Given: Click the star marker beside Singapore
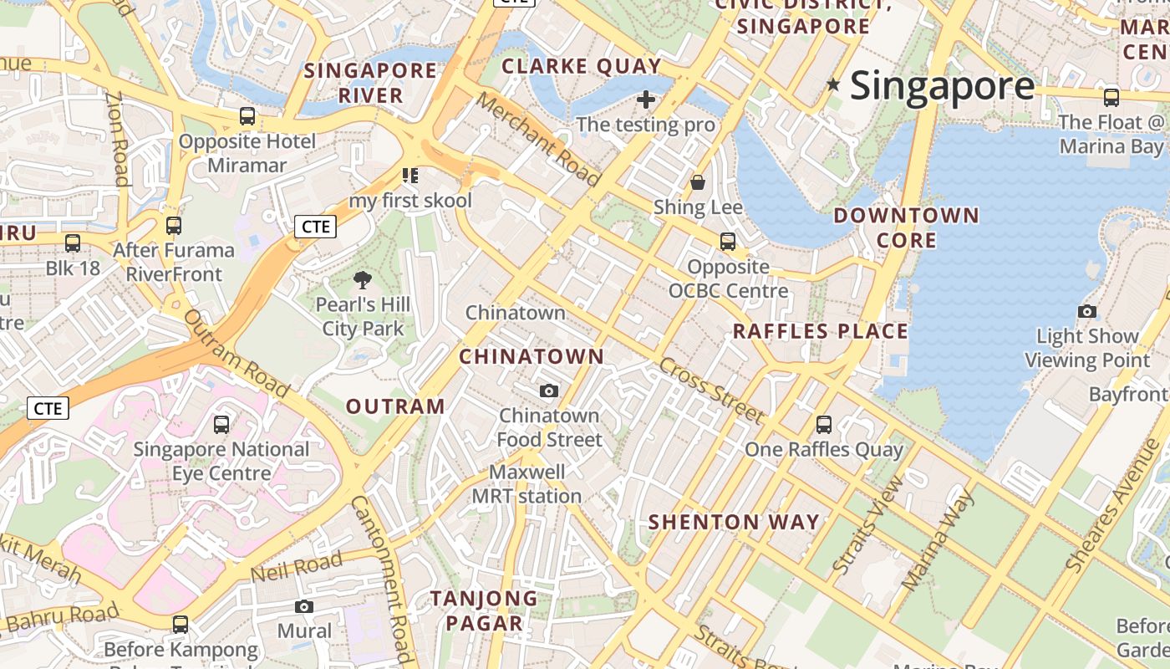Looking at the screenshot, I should click(833, 84).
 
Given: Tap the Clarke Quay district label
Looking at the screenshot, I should click(582, 66).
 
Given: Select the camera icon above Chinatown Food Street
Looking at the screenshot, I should click(549, 391).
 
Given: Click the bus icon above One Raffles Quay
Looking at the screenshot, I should click(824, 424).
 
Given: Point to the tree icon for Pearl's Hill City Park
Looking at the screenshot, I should click(363, 280).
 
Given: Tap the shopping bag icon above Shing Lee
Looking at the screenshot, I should click(698, 181).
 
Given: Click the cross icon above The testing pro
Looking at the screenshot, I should click(645, 100).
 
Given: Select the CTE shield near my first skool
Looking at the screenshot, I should click(315, 227).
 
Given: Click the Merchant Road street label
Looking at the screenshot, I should click(538, 139).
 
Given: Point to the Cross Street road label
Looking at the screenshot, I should click(710, 391).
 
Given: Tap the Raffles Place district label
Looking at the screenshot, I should click(820, 331).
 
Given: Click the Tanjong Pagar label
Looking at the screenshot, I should click(484, 610).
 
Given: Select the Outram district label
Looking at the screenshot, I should click(395, 406).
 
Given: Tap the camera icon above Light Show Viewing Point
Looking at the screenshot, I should click(1086, 312).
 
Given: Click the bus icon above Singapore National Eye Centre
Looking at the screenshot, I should click(221, 424).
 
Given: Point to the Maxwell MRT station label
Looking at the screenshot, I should click(527, 484).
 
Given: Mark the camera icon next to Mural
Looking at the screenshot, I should click(304, 606).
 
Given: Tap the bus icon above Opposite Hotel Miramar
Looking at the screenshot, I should click(247, 116).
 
